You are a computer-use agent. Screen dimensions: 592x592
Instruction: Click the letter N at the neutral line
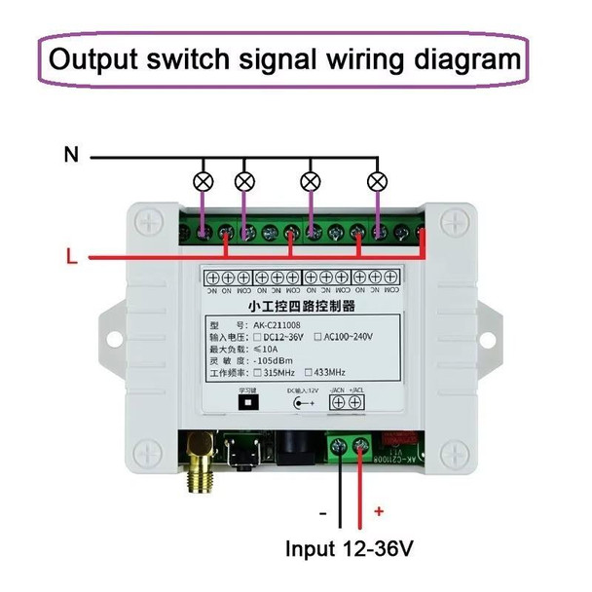click(x=70, y=154)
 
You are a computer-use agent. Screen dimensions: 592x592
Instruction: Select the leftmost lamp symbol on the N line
click(x=203, y=181)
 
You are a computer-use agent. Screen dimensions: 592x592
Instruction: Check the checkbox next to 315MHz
click(x=257, y=371)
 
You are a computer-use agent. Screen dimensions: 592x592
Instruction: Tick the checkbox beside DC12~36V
click(x=257, y=337)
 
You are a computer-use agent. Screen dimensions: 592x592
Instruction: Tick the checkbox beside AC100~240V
click(x=318, y=337)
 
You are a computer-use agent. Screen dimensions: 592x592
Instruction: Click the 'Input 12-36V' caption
click(x=350, y=548)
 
